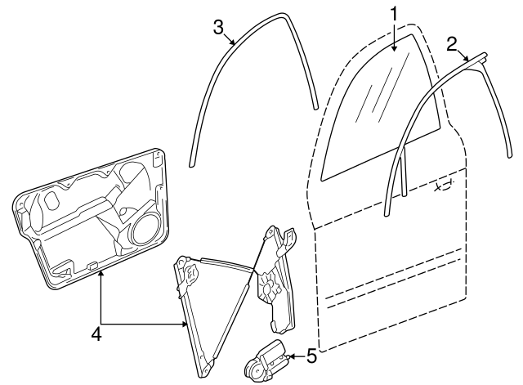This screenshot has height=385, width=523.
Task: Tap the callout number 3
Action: (x=218, y=25)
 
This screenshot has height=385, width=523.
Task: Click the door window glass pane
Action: (x=380, y=114)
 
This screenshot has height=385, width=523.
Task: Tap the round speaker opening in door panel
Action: (x=145, y=231)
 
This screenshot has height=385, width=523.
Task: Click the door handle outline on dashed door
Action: (x=444, y=186)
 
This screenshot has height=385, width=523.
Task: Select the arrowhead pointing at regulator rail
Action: (x=186, y=325)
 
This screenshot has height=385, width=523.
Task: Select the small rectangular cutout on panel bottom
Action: (x=94, y=264)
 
